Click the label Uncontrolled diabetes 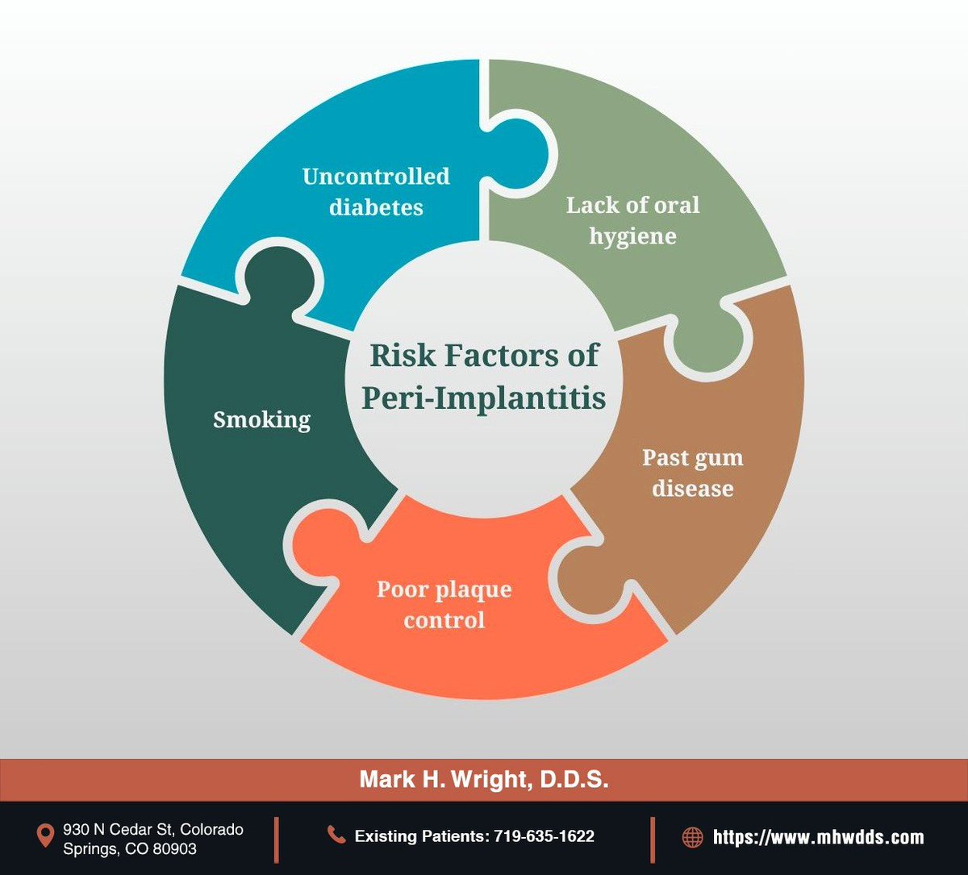click(x=376, y=191)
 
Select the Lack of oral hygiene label click(x=632, y=219)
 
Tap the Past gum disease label click(x=692, y=473)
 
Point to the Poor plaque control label click(x=444, y=604)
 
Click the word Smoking click(x=261, y=420)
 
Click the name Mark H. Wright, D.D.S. click(x=483, y=781)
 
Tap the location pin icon click(x=46, y=836)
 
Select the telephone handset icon click(x=336, y=835)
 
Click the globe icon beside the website click(x=692, y=837)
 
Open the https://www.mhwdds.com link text click(x=818, y=837)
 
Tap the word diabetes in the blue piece click(x=375, y=206)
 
